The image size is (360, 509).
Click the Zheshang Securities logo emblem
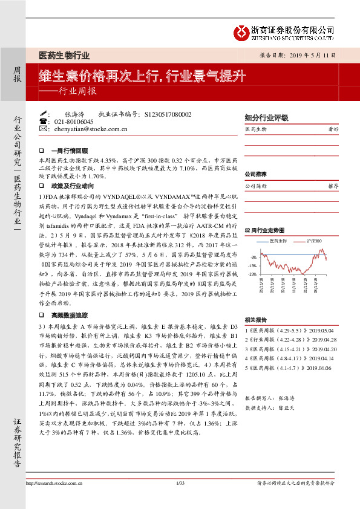[242, 31]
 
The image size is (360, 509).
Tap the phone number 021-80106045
[74, 122]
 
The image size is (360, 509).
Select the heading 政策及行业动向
[73, 187]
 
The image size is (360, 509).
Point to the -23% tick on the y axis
[252, 274]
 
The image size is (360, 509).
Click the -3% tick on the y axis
[254, 257]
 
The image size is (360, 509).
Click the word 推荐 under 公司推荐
[332, 186]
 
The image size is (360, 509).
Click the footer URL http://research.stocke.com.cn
[53, 500]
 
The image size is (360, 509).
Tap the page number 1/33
[179, 500]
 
